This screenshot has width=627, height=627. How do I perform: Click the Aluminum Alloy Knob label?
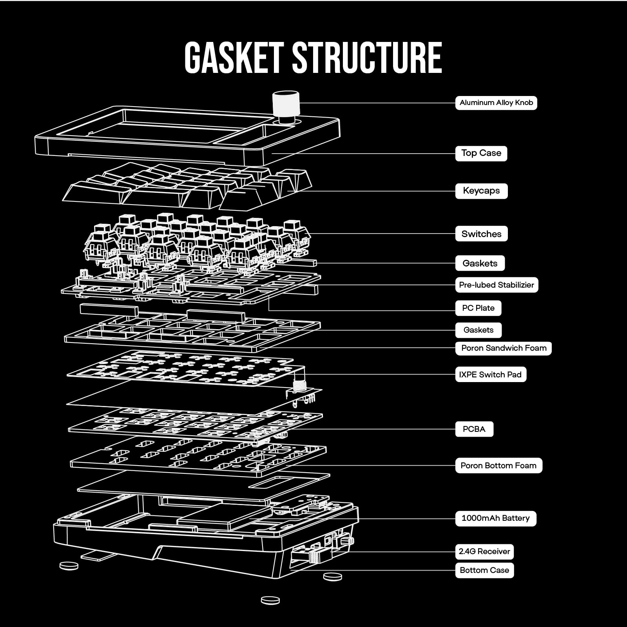point(496,103)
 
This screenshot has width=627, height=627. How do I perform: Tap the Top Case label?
point(481,153)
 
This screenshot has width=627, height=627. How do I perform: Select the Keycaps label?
point(481,191)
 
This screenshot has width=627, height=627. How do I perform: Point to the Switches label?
point(481,234)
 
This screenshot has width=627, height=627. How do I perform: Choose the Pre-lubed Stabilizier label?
point(497,285)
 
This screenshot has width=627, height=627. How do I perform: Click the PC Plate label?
point(478,308)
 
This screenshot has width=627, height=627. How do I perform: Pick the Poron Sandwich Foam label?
point(504,348)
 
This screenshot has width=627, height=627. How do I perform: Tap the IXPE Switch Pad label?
point(491,375)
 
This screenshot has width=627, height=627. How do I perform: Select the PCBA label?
point(474,429)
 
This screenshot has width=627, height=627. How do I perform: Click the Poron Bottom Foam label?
point(498,466)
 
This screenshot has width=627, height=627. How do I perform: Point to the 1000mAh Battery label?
point(495,518)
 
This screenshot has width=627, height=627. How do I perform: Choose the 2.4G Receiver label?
point(484,552)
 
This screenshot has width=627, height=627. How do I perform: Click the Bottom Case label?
point(484,570)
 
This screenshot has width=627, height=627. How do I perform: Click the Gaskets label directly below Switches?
point(480,263)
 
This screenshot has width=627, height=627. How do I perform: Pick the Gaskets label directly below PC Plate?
point(478,330)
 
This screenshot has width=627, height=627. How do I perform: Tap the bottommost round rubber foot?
point(270,600)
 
